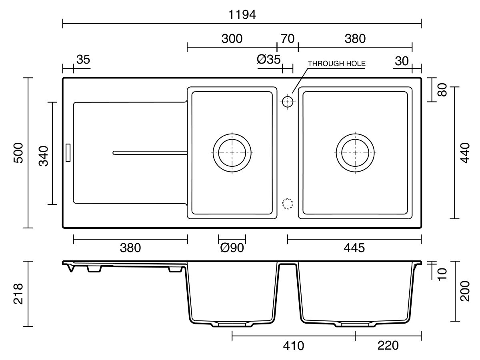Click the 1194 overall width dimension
point(242,15)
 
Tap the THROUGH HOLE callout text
point(336,63)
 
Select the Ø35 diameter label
point(268,59)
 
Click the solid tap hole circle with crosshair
point(287,102)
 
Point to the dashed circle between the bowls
point(287,204)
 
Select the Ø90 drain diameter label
point(232,248)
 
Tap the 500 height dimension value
point(18,153)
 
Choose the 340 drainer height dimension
point(44,156)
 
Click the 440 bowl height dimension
point(465,153)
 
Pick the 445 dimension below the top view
point(354,248)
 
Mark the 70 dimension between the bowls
point(288,39)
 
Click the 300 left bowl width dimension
point(232,39)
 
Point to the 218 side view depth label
point(18,294)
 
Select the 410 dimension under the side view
point(294,346)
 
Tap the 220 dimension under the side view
point(388,346)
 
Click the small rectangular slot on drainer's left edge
point(68,153)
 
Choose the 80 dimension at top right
point(442,90)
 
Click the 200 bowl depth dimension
point(465,291)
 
